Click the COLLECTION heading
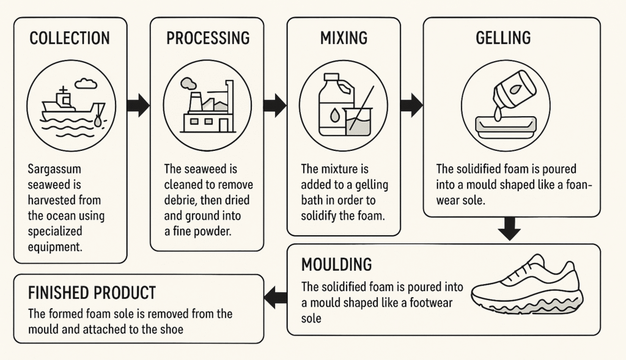pos(70,38)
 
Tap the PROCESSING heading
pos(208,38)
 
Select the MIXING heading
pos(344,38)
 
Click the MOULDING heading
pos(336,265)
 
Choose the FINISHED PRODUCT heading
pos(92,293)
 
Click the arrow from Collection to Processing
pos(138,105)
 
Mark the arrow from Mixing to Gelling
pos(411,105)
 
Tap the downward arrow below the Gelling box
pos(509,229)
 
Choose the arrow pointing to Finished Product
pos(275,298)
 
